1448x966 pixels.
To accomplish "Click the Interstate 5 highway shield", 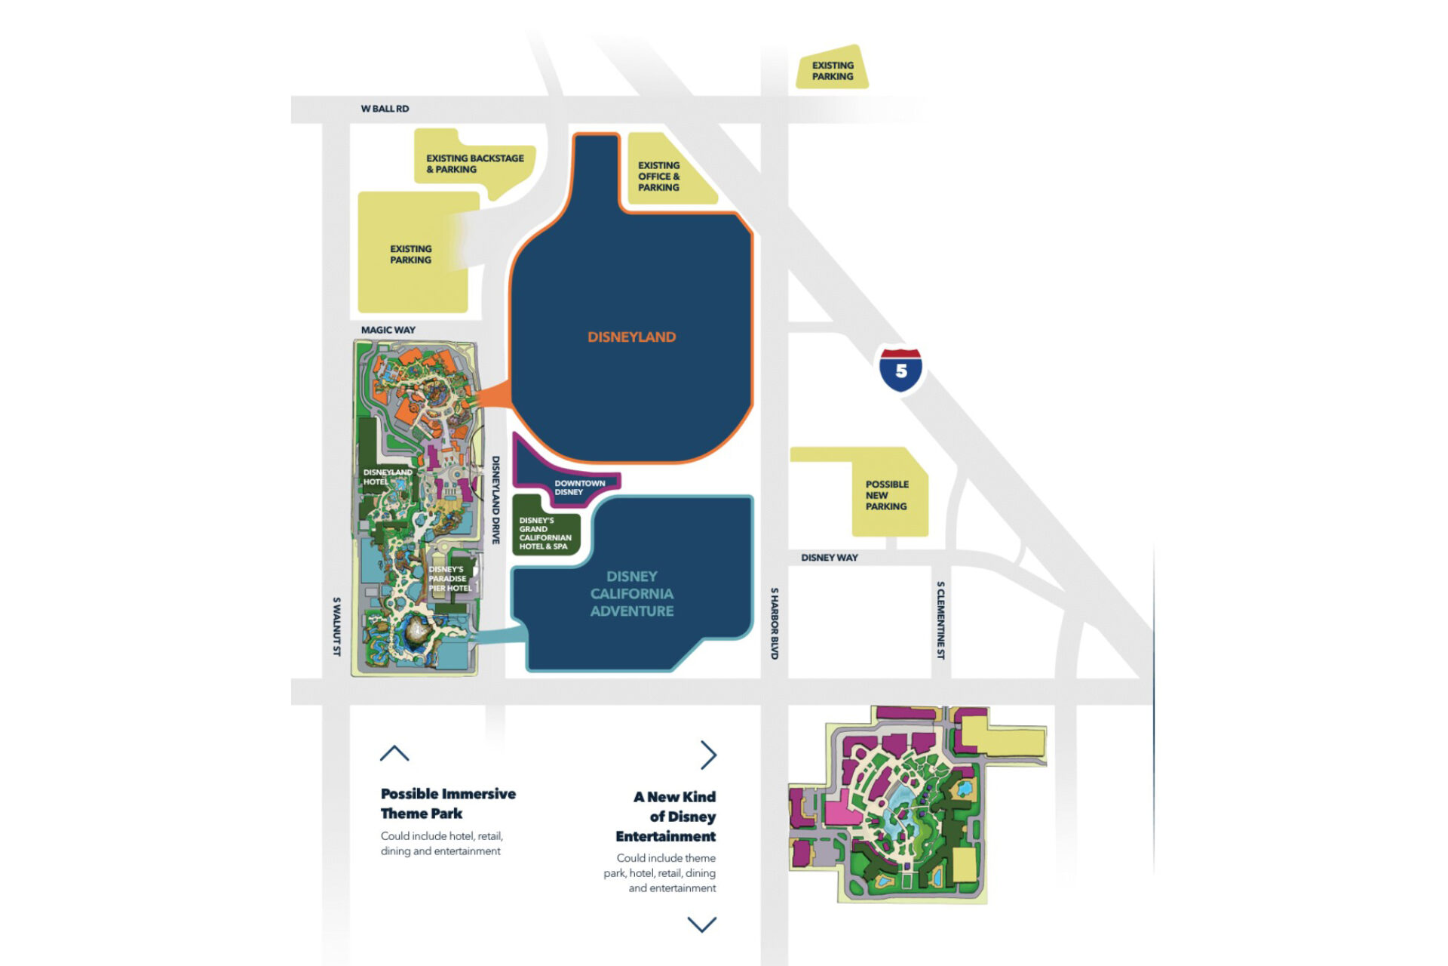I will pyautogui.click(x=900, y=370).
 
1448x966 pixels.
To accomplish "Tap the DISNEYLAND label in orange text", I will pyautogui.click(x=631, y=337).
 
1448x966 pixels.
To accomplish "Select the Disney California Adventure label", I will pyautogui.click(x=632, y=594).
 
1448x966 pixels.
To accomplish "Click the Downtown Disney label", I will pyautogui.click(x=579, y=488).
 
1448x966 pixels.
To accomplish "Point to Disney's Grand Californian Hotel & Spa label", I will pyautogui.click(x=545, y=534).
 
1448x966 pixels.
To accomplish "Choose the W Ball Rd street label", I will pyautogui.click(x=385, y=109).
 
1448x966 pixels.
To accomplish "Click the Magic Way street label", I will pyautogui.click(x=388, y=330).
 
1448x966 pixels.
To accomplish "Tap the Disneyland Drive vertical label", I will pyautogui.click(x=495, y=500).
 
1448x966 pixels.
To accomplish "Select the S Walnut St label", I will pyautogui.click(x=336, y=626).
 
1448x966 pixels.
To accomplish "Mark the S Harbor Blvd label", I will pyautogui.click(x=774, y=623).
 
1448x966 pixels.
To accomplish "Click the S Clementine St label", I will pyautogui.click(x=940, y=620).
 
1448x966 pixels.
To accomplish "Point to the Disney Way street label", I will pyautogui.click(x=829, y=558).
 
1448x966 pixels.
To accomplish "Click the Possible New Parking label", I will pyautogui.click(x=887, y=495).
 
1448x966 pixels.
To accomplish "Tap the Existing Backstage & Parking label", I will pyautogui.click(x=474, y=164).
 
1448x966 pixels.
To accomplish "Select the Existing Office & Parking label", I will pyautogui.click(x=658, y=177).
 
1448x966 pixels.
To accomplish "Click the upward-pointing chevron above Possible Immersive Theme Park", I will pyautogui.click(x=394, y=753).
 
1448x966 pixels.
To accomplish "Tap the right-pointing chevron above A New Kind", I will pyautogui.click(x=707, y=755).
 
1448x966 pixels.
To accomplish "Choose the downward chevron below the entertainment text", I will pyautogui.click(x=701, y=924).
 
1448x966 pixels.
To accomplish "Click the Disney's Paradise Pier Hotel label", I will pyautogui.click(x=449, y=579).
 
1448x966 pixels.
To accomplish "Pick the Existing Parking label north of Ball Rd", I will pyautogui.click(x=833, y=71).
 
